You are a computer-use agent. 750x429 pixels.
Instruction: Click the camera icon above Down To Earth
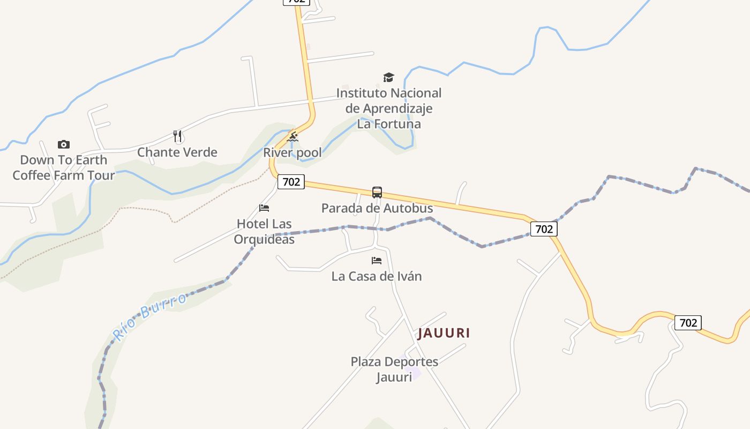(64, 144)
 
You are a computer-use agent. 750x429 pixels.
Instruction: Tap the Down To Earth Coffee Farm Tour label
(64, 168)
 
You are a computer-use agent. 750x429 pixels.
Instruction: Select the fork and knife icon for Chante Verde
(178, 136)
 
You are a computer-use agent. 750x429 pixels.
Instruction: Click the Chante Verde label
(177, 152)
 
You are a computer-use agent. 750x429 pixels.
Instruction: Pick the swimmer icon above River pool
(292, 138)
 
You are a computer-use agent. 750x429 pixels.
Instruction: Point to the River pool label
(292, 153)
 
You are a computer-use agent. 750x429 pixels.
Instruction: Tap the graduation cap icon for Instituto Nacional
(388, 78)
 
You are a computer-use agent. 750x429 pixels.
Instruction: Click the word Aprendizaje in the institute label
(389, 108)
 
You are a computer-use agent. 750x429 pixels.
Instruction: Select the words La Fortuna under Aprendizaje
(389, 124)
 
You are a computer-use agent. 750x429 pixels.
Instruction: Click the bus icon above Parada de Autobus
(377, 193)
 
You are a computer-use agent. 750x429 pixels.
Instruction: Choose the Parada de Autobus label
(377, 208)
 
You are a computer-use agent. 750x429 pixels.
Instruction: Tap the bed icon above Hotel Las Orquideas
(264, 208)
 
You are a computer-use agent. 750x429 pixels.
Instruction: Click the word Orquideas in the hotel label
(264, 239)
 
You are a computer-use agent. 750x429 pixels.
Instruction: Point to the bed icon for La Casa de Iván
(377, 261)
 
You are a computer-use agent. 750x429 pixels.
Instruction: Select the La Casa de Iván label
(377, 277)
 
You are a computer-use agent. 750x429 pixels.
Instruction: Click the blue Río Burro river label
(150, 316)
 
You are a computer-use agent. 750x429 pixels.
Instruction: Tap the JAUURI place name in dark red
(444, 333)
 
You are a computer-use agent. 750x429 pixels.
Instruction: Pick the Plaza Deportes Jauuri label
(394, 369)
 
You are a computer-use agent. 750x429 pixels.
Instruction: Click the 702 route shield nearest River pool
(291, 182)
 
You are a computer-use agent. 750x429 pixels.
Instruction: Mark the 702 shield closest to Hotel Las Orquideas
(291, 182)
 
